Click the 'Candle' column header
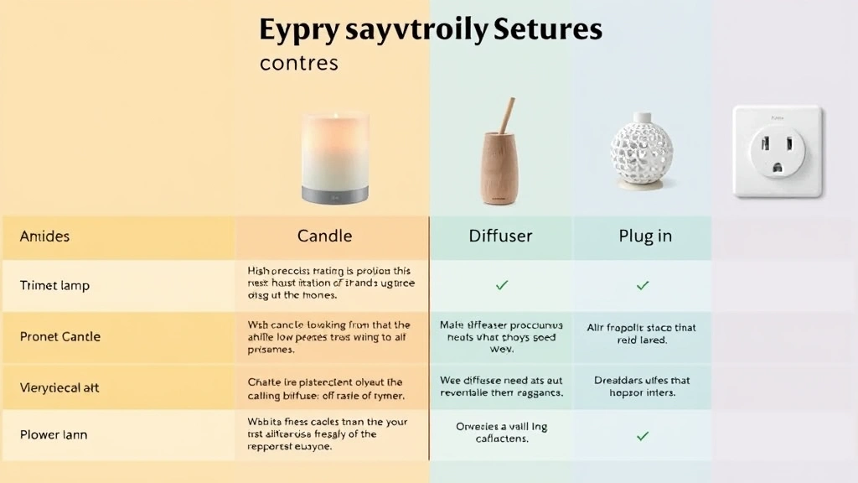pos(324,236)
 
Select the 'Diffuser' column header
pos(500,236)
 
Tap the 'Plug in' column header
pos(645,236)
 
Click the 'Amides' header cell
pos(45,236)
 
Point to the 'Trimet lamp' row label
pos(54,285)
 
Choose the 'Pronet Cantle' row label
pos(60,336)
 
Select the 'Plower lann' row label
pos(54,435)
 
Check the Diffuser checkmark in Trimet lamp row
pos(502,285)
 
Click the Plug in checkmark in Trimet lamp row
pos(643,285)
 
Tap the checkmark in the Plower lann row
pos(643,435)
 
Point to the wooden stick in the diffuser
pos(508,115)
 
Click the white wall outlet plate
pos(777,151)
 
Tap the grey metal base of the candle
pos(334,194)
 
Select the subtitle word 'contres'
pos(299,63)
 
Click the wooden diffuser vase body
pos(502,168)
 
